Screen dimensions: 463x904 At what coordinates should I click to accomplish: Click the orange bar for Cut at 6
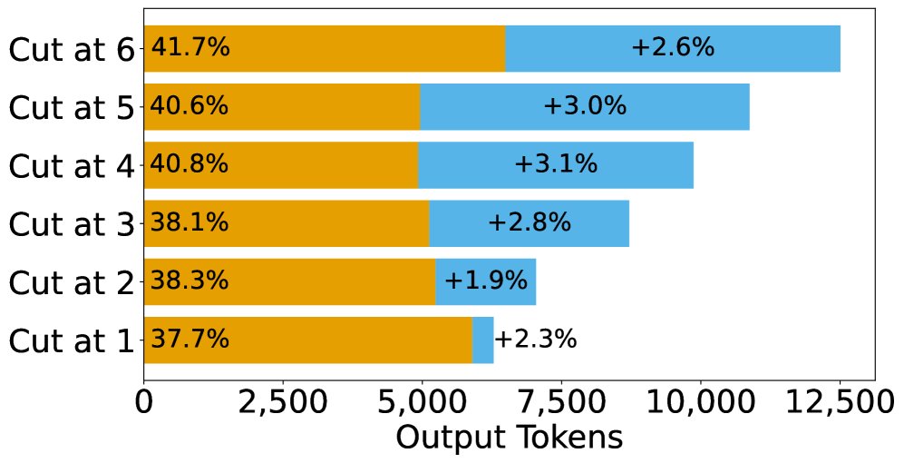click(363, 48)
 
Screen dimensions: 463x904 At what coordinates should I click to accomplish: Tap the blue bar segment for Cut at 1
click(483, 340)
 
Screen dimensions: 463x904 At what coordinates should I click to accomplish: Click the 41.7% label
click(190, 48)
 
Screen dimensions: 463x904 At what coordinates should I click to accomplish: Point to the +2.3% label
click(535, 340)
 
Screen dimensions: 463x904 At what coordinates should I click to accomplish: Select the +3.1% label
click(556, 165)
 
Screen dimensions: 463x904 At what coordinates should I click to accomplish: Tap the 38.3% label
click(189, 281)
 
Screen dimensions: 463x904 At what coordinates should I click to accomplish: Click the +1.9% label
click(485, 281)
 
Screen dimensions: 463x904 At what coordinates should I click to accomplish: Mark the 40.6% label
click(189, 106)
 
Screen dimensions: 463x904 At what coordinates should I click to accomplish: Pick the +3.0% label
click(585, 106)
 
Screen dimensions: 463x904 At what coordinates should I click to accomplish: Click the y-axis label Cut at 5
click(71, 108)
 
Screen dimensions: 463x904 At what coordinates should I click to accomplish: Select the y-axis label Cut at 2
click(71, 283)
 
